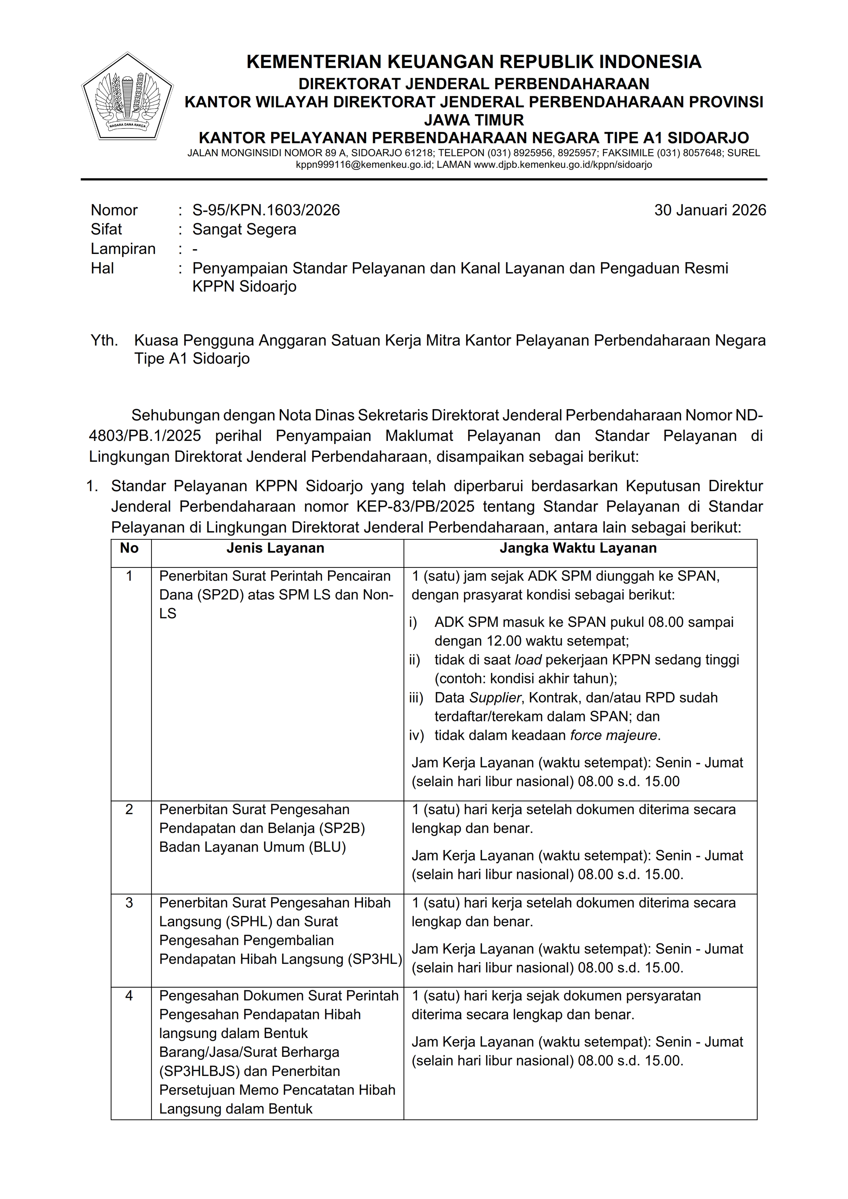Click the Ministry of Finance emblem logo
click(128, 97)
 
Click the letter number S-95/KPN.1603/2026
click(266, 210)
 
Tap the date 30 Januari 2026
click(709, 210)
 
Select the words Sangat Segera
click(244, 229)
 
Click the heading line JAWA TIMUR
click(473, 120)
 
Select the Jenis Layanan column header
click(275, 548)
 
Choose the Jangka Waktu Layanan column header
click(578, 548)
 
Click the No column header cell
click(129, 548)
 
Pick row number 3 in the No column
click(129, 903)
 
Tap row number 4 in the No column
click(129, 996)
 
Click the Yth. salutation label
click(104, 340)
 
